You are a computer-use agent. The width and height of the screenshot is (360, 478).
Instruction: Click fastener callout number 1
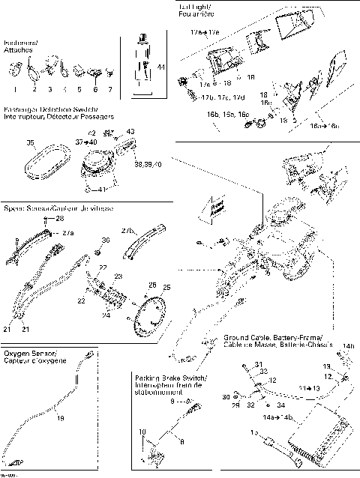pyautogui.click(x=14, y=88)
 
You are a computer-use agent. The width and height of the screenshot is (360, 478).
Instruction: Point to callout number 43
pyautogui.click(x=130, y=131)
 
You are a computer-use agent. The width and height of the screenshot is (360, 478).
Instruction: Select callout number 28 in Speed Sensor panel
pyautogui.click(x=61, y=218)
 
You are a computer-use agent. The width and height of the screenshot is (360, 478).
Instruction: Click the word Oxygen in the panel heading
pyautogui.click(x=19, y=352)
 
